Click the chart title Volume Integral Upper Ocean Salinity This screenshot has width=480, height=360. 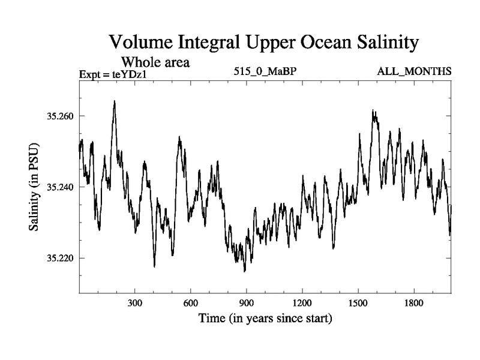[x=263, y=43]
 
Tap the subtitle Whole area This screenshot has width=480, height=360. [x=156, y=62]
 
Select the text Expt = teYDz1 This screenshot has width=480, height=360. [x=113, y=74]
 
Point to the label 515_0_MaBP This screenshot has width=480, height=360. [x=266, y=72]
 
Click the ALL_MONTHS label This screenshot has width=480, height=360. [x=414, y=72]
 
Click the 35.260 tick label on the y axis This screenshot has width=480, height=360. [x=59, y=115]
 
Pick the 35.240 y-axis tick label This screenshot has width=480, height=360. [x=59, y=187]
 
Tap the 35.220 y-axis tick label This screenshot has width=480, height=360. [x=59, y=259]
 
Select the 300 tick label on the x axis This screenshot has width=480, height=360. [x=135, y=304]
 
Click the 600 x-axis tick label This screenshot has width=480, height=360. [x=191, y=304]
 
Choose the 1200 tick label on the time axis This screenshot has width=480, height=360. [x=302, y=304]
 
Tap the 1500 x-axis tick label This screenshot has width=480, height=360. [x=358, y=304]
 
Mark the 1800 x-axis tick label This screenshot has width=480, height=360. [x=414, y=304]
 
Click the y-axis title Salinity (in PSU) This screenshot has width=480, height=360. [x=34, y=187]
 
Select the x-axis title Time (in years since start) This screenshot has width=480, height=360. [x=265, y=318]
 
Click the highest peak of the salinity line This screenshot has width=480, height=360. [x=114, y=101]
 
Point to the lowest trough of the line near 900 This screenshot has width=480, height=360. [x=244, y=271]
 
